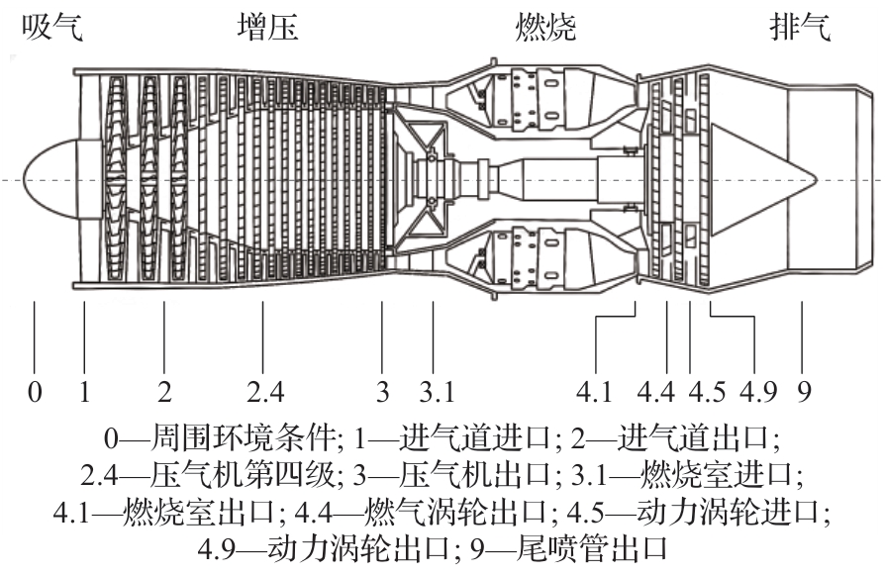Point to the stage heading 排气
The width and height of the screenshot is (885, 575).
[800, 28]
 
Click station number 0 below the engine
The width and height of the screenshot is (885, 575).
[35, 392]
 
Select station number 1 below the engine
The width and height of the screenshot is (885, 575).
[85, 392]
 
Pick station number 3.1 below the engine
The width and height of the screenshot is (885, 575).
[436, 392]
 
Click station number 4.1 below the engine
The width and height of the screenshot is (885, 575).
[595, 392]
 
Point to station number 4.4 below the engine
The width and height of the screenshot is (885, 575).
[656, 392]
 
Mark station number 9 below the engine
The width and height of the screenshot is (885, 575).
[804, 392]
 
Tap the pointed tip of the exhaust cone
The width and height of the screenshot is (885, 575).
[812, 180]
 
